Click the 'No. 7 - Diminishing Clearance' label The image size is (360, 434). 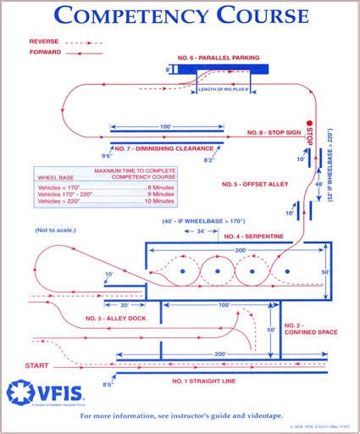coord(160,147)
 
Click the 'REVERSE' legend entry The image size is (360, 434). coord(45,41)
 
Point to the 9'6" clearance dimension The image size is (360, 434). coord(108,156)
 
